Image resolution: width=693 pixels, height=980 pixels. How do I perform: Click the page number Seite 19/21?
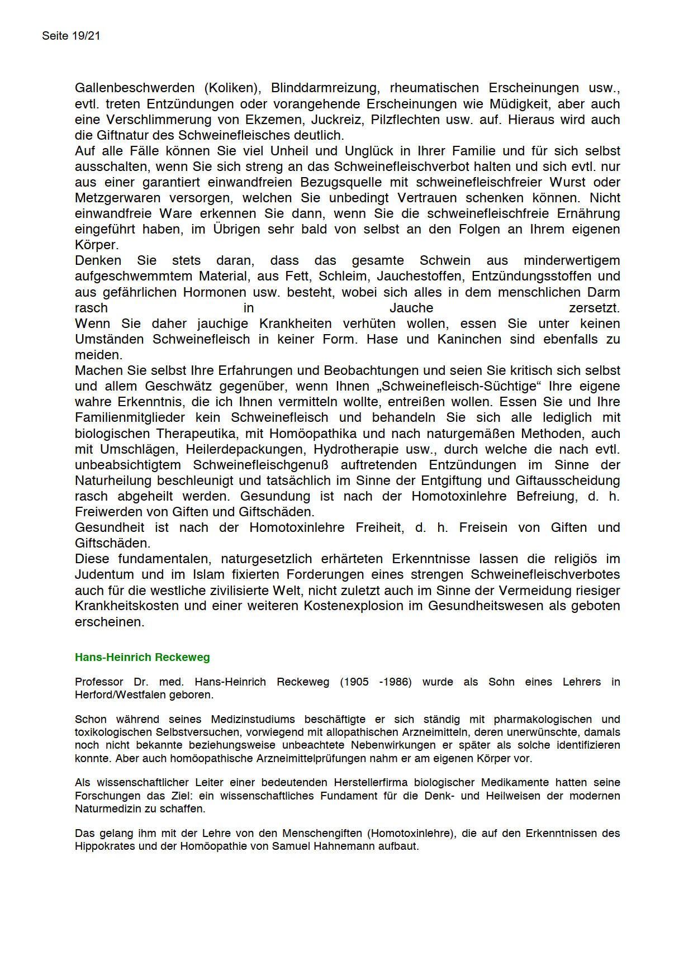[x=71, y=36]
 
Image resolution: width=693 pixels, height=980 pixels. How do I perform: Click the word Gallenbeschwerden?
[x=135, y=88]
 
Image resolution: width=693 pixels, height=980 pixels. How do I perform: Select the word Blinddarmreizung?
[x=325, y=88]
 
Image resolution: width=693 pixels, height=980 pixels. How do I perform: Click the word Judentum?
[x=105, y=574]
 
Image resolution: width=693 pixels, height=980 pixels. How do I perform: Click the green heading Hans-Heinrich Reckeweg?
[x=143, y=657]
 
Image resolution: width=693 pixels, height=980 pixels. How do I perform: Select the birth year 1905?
[x=356, y=682]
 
